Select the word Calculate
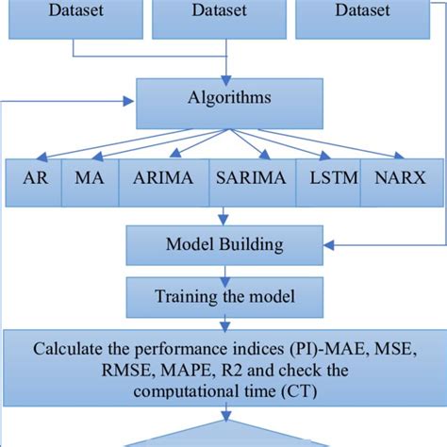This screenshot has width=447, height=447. [x=67, y=348]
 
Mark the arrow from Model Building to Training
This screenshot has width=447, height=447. [x=223, y=273]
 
